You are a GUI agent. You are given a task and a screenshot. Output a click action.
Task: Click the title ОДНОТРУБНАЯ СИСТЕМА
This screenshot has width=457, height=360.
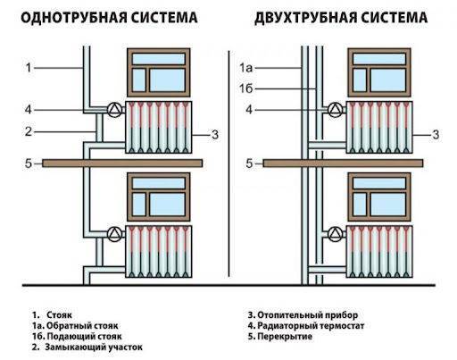pos(109,18)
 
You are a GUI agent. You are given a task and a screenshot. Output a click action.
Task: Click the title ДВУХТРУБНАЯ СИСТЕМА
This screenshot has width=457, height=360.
pos(341,18)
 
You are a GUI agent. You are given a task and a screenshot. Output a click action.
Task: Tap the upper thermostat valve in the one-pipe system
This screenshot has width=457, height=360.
pos(114,110)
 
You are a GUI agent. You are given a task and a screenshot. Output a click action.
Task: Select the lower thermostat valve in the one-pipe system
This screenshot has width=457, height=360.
pos(114,234)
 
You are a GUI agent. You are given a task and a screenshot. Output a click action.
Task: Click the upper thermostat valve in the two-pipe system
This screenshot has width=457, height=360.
pos(336,110)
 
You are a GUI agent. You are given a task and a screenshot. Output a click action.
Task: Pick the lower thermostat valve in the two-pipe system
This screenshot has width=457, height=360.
pos(336,234)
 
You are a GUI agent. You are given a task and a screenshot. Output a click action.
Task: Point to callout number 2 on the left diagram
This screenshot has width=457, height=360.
pos(29,131)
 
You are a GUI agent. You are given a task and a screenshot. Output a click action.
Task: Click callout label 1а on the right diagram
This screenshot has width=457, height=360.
pos(246,68)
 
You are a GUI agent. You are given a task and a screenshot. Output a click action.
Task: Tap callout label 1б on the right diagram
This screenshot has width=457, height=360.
pos(246,88)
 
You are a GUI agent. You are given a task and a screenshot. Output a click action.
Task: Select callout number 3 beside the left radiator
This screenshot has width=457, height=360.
pos(215,135)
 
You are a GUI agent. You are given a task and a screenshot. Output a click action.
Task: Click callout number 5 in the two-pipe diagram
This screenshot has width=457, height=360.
pos(249,163)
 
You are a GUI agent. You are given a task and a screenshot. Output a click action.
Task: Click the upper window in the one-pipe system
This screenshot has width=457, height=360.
pos(159,72)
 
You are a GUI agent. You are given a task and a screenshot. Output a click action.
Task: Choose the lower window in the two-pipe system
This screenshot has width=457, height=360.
pos(379,197)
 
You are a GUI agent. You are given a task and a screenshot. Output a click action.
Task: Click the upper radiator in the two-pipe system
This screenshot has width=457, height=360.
pos(379,128)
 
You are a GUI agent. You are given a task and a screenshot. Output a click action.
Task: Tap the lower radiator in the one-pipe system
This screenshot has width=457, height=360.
pos(159,252)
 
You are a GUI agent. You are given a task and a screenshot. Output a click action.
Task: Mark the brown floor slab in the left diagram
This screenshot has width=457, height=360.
pos(122,163)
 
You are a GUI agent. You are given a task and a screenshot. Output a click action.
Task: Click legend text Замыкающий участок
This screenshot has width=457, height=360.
pos(94,347)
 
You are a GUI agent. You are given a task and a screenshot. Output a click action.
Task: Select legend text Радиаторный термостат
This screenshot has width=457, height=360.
pos(311,325)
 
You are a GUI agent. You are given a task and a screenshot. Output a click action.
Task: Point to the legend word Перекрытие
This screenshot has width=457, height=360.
pos(285,337)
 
